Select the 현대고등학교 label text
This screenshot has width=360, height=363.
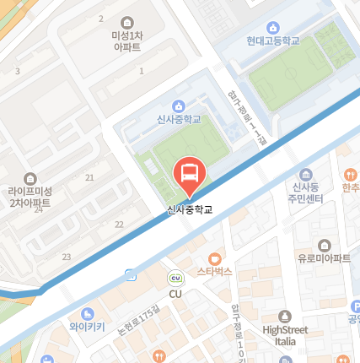(273, 41)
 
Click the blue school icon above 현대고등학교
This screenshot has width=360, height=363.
(272, 27)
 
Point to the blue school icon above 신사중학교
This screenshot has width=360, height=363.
(178, 106)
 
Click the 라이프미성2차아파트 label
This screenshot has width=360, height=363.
(30, 198)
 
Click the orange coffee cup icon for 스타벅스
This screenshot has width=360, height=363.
(214, 257)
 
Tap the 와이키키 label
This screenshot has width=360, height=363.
(88, 325)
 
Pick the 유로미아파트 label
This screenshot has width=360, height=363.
(324, 258)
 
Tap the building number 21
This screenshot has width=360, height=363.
(89, 177)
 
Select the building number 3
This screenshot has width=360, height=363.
(17, 71)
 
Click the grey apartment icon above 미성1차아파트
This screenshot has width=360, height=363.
(126, 21)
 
